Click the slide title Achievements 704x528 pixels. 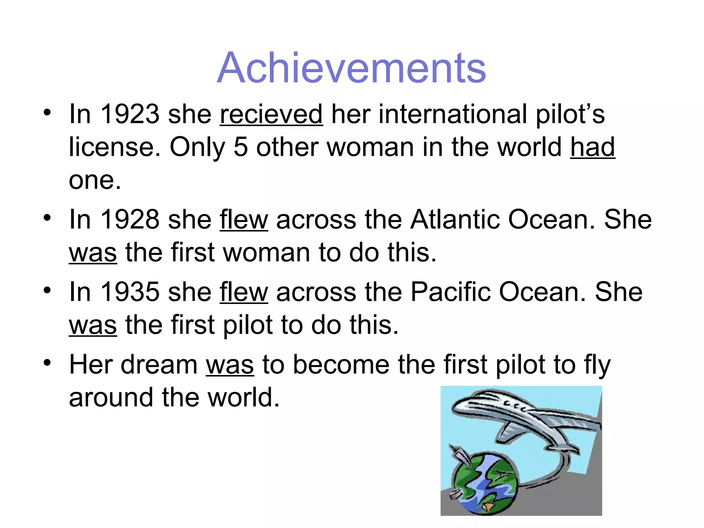pos(351,68)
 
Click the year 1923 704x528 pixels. pos(130,114)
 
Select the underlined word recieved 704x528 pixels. pos(271,114)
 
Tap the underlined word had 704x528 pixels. pos(593,147)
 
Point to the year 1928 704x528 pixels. pos(130,220)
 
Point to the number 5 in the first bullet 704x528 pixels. pos(241,147)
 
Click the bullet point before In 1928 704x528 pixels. pos(47,218)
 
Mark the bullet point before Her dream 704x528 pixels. pos(47,363)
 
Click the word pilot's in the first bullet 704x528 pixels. pos(570,115)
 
